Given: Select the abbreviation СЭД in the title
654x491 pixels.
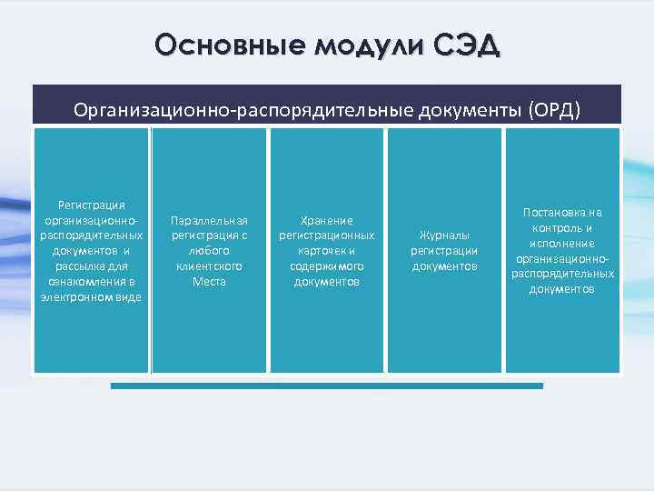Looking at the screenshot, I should coord(464,45).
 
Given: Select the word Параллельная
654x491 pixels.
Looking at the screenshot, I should coord(209,220).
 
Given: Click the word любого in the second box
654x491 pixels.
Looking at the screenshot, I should coord(209,251).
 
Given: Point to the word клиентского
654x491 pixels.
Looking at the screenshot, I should coord(209,266).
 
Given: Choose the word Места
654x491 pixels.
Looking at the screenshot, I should coord(209,282).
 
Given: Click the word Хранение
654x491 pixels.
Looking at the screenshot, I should coord(327,220).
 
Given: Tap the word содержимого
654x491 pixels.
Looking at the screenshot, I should coord(327,266).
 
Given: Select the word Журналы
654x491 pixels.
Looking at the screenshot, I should coord(444,235).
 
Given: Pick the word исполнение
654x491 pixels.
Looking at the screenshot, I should coord(563,244).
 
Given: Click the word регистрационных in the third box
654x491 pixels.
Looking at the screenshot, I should coord(327,235).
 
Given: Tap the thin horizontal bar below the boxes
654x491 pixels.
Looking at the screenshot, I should coord(327,386).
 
